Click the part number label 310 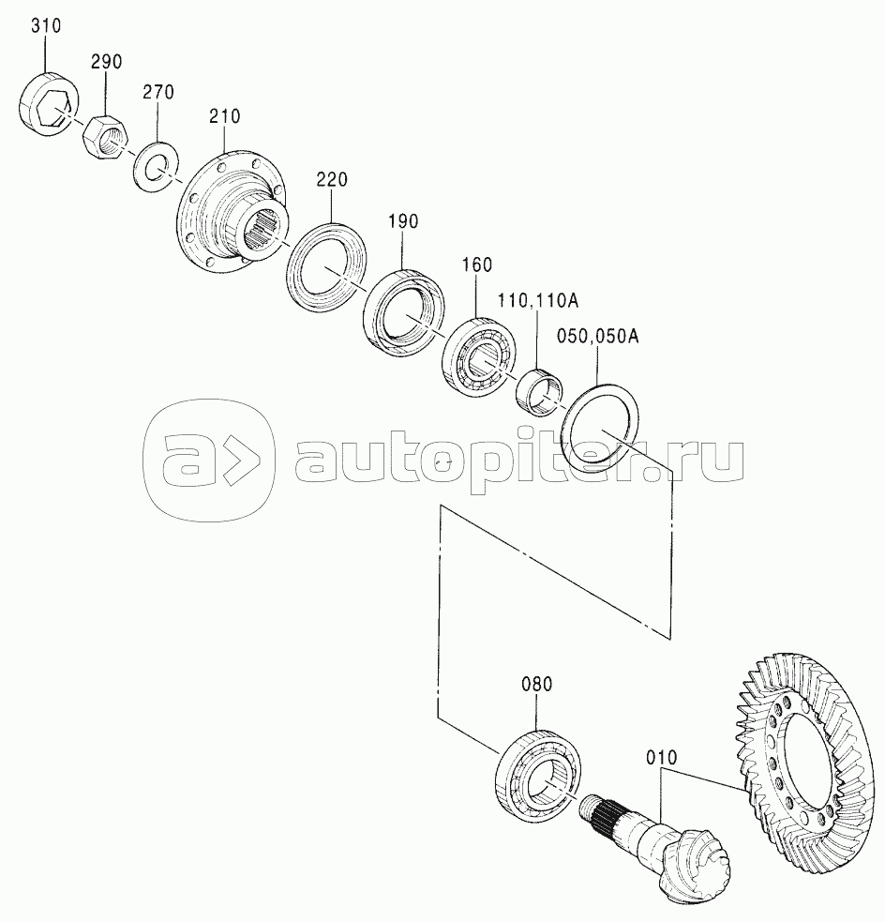click(x=46, y=26)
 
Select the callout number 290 click(x=106, y=61)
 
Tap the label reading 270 click(x=158, y=92)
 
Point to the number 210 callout click(x=224, y=116)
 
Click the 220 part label click(x=332, y=179)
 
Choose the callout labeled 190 click(x=403, y=221)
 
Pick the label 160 click(x=476, y=265)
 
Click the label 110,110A click(x=538, y=301)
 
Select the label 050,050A click(x=598, y=337)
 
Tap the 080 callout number click(x=537, y=685)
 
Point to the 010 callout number click(x=662, y=757)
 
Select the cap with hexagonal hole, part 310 click(x=48, y=103)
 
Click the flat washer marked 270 click(x=155, y=166)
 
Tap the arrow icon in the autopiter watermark click(x=242, y=460)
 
